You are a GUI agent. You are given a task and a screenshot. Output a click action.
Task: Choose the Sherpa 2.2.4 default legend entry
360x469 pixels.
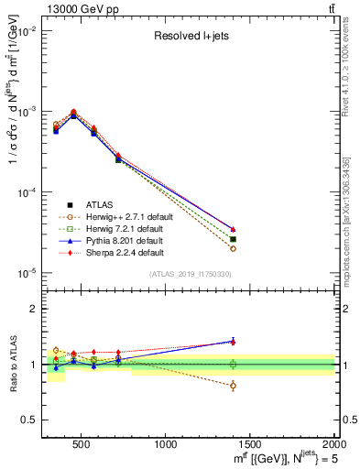pyautogui.click(x=115, y=252)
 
